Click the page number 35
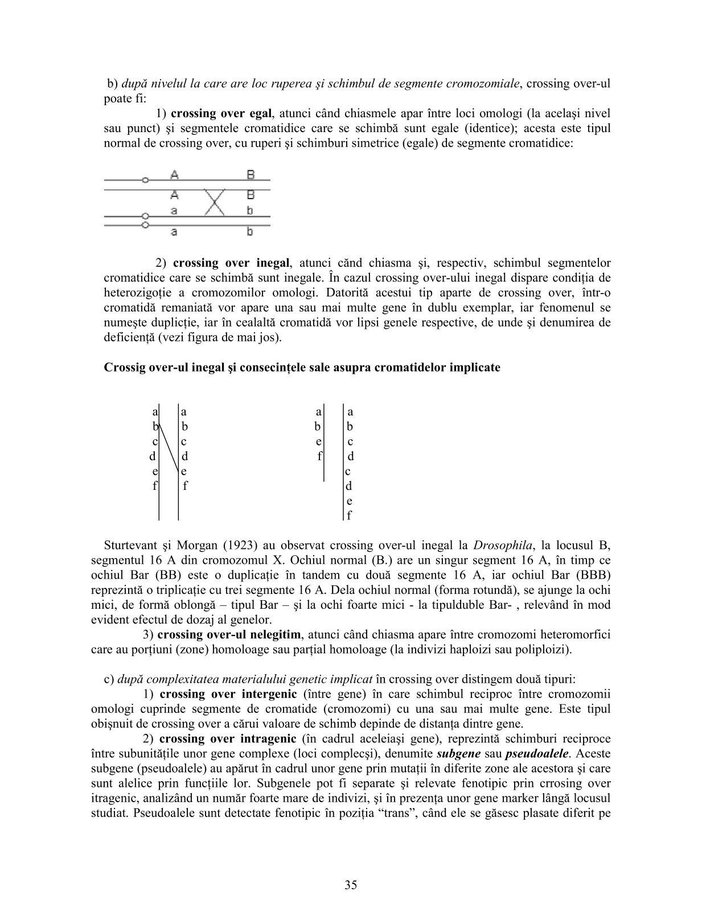[x=350, y=885]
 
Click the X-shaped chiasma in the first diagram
[x=214, y=202]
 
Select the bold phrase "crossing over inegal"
[x=231, y=263]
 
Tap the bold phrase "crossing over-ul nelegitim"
[x=228, y=634]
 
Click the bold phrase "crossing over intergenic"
[x=228, y=694]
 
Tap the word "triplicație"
[x=183, y=590]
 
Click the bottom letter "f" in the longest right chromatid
[x=349, y=516]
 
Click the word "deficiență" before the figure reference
[x=129, y=337]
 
